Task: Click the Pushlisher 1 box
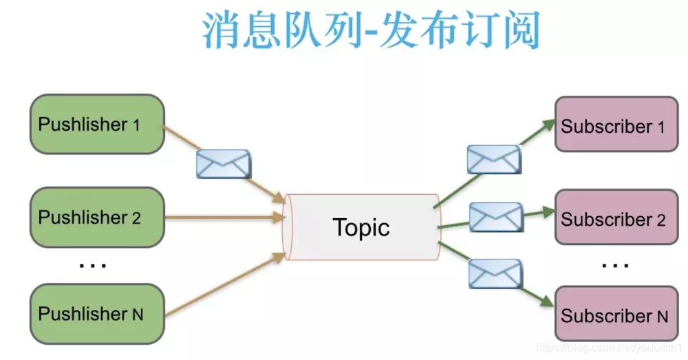coord(97,124)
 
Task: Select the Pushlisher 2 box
coord(97,218)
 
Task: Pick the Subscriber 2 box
coord(616,219)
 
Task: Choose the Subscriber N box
coord(616,315)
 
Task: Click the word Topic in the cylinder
coord(361,227)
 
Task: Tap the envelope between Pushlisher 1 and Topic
coord(224,164)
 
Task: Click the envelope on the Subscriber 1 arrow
coord(493,159)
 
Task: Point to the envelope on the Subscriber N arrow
coord(495,273)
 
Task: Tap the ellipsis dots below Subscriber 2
coord(614,264)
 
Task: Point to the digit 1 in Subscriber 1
coord(660,127)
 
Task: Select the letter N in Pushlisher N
coord(137,315)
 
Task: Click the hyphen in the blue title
coord(372,33)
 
